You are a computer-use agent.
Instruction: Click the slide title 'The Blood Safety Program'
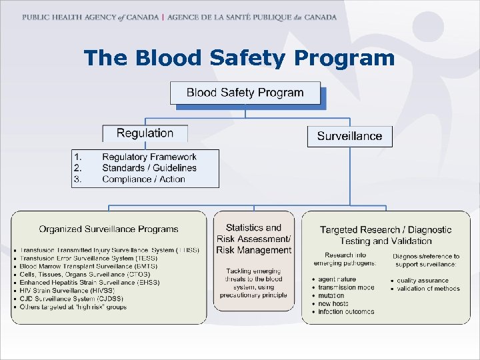pyautogui.click(x=239, y=58)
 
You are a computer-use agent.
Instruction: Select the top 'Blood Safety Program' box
pyautogui.click(x=245, y=93)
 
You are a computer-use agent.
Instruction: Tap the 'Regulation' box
pyautogui.click(x=145, y=133)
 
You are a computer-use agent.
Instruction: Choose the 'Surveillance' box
pyautogui.click(x=349, y=136)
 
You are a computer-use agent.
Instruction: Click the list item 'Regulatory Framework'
pyautogui.click(x=149, y=157)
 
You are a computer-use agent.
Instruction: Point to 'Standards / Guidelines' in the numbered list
pyautogui.click(x=149, y=168)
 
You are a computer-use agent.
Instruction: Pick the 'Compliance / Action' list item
pyautogui.click(x=143, y=179)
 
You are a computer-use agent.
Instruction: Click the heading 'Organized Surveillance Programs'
pyautogui.click(x=109, y=229)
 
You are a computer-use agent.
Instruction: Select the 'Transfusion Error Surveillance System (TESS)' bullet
pyautogui.click(x=88, y=258)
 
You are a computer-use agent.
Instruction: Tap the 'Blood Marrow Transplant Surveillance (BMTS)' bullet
pyautogui.click(x=88, y=266)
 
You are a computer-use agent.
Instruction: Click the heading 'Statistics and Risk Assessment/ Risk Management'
pyautogui.click(x=254, y=239)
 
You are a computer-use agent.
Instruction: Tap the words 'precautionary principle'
pyautogui.click(x=253, y=295)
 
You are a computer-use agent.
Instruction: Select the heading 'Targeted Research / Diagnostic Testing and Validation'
pyautogui.click(x=385, y=235)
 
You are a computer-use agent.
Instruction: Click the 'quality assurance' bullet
pyautogui.click(x=423, y=281)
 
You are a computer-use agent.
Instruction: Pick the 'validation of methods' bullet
pyautogui.click(x=428, y=289)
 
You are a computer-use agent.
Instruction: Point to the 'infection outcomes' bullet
pyautogui.click(x=346, y=311)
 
